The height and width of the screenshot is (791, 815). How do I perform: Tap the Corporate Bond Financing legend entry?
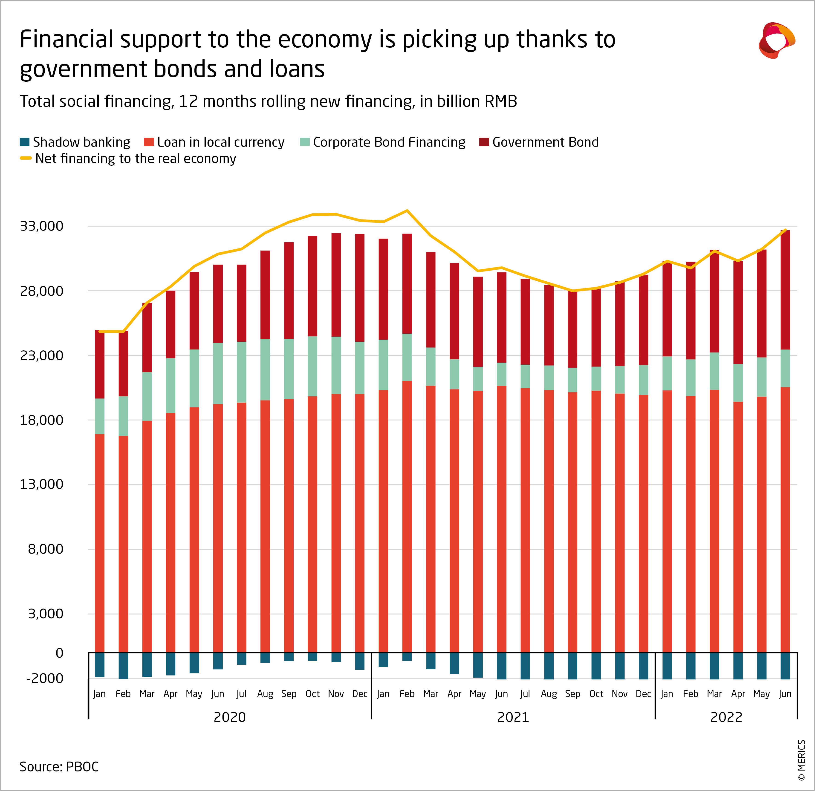(389, 142)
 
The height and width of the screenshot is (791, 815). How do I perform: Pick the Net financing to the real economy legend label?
(136, 159)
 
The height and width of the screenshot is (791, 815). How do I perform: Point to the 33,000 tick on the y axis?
(42, 226)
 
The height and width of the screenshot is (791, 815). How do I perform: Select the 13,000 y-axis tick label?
(42, 484)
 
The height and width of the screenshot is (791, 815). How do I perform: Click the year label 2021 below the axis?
(513, 717)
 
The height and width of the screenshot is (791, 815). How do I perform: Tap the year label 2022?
(726, 717)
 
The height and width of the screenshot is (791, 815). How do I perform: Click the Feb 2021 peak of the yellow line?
(407, 211)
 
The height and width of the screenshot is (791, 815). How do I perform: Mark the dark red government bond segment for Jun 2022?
(785, 290)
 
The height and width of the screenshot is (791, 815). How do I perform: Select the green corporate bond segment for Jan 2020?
(100, 416)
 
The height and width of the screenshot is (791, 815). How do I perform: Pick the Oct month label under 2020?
(312, 694)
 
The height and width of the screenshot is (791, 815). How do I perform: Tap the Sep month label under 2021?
(572, 694)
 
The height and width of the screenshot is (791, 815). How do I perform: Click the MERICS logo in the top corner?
(777, 40)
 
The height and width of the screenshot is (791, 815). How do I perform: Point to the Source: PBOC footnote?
(59, 766)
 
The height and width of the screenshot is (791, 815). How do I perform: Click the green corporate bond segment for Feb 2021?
(407, 357)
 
